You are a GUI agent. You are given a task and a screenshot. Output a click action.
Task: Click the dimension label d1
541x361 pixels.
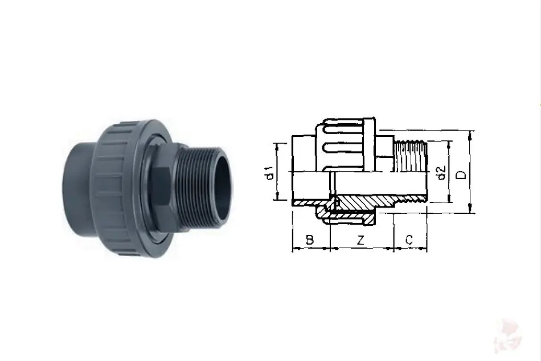[271, 173]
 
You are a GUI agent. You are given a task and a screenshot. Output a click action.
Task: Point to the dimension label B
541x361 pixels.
[310, 240]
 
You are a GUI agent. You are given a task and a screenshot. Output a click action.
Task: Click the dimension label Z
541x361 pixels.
[360, 240]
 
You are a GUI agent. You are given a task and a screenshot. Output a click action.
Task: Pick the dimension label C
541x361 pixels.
[409, 240]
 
